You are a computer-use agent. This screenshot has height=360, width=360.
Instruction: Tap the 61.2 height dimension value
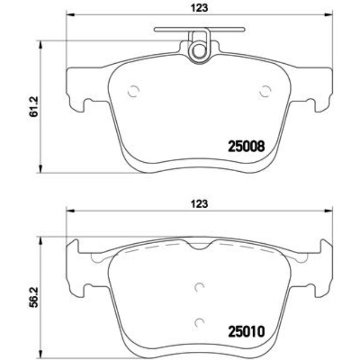tap(34, 107)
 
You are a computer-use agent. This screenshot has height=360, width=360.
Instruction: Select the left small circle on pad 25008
tap(133, 92)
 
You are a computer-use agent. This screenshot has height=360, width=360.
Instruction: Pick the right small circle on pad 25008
tap(265, 92)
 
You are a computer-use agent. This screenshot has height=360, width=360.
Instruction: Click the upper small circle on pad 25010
tap(199, 286)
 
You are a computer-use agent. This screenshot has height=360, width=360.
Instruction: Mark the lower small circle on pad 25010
tap(199, 321)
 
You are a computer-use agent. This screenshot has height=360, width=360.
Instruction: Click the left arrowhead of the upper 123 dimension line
tap(70, 15)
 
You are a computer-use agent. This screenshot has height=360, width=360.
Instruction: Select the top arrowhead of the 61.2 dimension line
tap(40, 44)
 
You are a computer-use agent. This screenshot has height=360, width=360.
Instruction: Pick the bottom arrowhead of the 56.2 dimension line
tap(40, 356)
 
